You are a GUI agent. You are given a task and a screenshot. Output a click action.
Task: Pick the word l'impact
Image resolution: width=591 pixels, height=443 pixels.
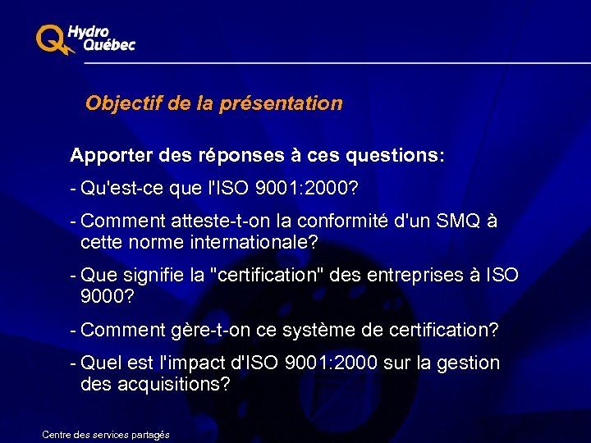[x=204, y=363]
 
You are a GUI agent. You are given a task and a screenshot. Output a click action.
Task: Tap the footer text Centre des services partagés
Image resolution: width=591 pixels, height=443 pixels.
[x=106, y=434]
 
